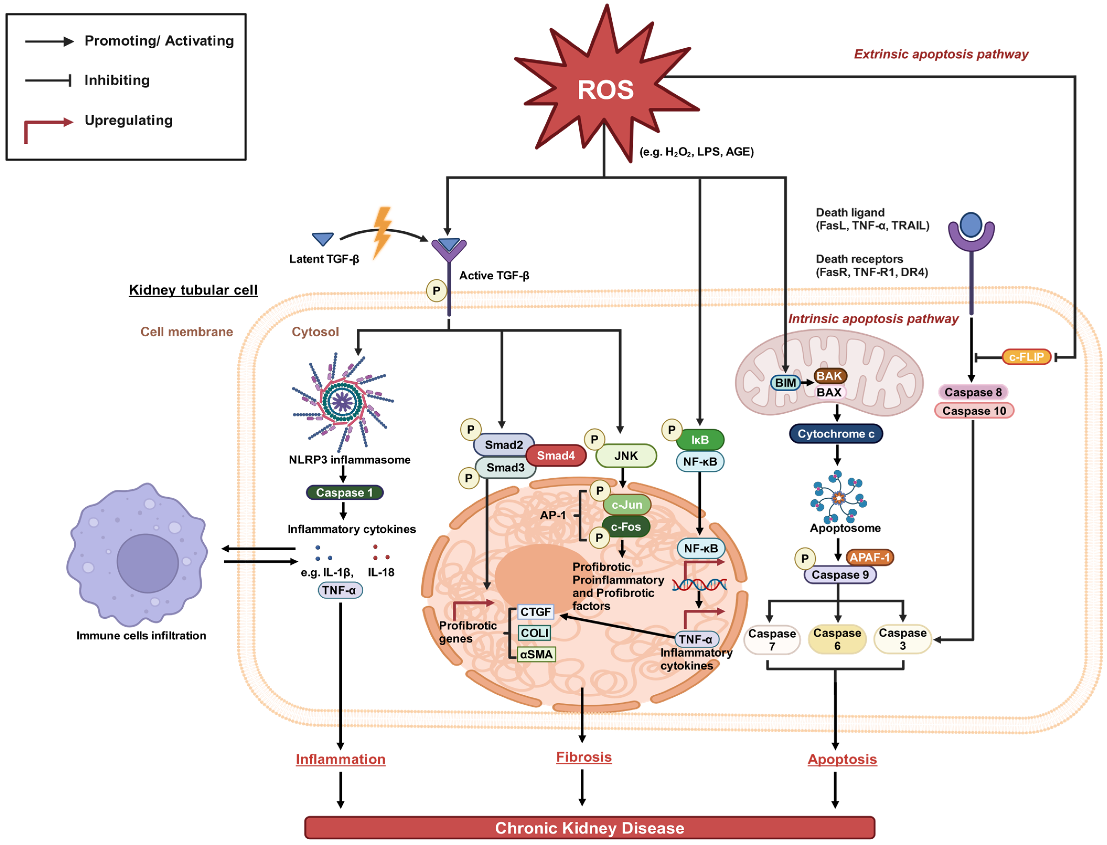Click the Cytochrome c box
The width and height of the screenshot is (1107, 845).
836,434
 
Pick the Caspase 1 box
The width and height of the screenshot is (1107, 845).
344,493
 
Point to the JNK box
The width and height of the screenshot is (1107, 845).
626,456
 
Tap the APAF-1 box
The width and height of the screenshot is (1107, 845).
869,557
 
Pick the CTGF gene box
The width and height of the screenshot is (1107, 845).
535,612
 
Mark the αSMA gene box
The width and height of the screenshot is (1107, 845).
536,654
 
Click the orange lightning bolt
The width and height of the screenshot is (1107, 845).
382,231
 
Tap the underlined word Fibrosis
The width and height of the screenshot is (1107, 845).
584,757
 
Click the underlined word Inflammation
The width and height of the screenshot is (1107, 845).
340,759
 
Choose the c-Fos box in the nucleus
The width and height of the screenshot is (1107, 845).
626,527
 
